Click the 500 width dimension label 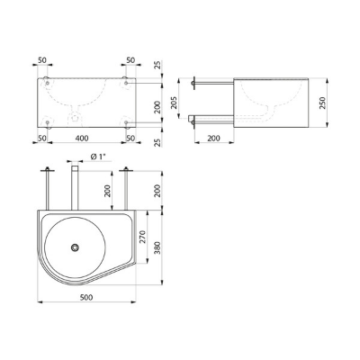86,297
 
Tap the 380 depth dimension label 157,247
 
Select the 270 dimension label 142,237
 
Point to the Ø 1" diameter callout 97,157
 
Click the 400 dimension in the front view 82,138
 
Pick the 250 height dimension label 322,103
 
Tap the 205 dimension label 174,103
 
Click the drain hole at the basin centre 75,247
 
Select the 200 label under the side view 213,139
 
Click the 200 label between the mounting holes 157,107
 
